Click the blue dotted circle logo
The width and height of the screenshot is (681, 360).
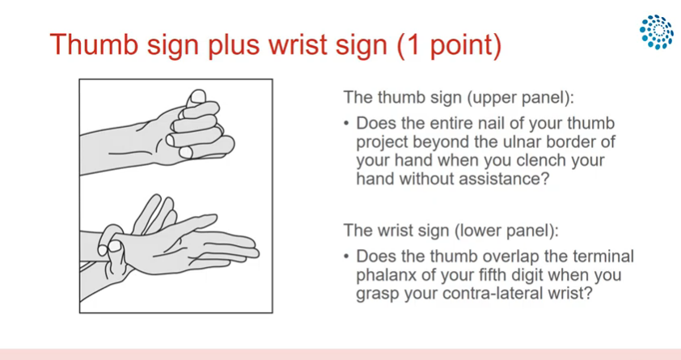656,32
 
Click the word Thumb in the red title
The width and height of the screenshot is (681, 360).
94,44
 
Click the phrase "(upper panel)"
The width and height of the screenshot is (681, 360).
520,97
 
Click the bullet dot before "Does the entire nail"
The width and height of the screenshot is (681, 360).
346,124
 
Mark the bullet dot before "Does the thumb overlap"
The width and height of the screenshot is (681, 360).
346,256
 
